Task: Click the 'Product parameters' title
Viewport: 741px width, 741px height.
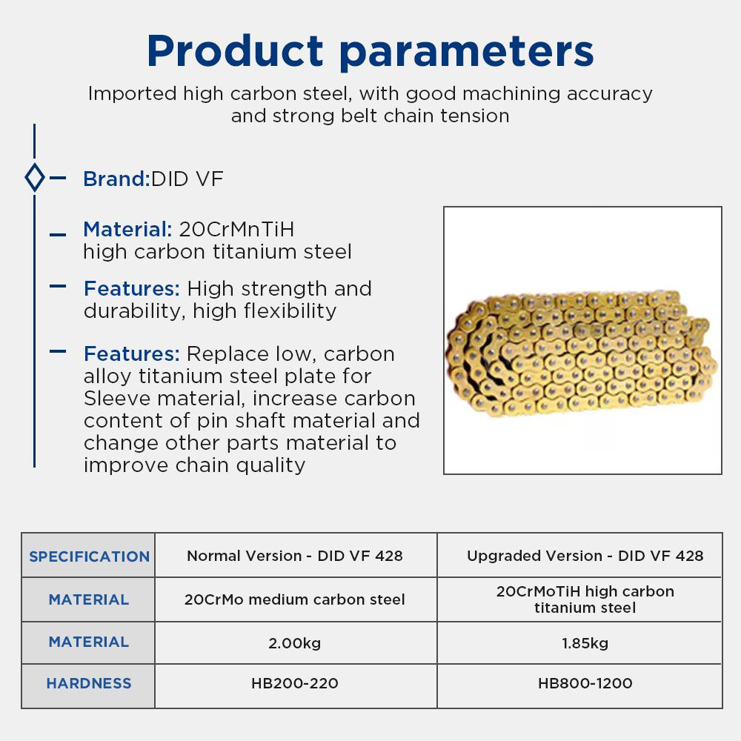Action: [370, 52]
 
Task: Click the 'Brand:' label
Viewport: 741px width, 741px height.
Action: [116, 179]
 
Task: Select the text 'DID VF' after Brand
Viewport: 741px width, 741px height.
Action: [187, 179]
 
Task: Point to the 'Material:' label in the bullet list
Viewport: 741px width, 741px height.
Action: [127, 229]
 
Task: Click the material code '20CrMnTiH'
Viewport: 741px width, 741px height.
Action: [236, 229]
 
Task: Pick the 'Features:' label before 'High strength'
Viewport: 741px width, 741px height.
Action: [132, 288]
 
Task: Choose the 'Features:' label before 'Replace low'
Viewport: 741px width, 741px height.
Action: [132, 353]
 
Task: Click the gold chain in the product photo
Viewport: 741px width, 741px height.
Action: [581, 353]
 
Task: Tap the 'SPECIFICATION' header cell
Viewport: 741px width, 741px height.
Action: [89, 556]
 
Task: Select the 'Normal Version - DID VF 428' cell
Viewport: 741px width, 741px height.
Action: [295, 556]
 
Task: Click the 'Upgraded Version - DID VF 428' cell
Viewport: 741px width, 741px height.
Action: [585, 556]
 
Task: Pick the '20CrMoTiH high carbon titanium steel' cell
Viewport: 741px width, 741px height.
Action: [585, 599]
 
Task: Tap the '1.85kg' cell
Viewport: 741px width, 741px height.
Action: [585, 643]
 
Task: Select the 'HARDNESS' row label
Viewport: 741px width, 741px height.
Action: [89, 683]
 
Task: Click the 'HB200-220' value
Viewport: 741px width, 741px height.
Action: [294, 683]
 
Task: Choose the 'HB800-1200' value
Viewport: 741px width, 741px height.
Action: [585, 683]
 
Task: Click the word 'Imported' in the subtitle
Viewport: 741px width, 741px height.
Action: [133, 94]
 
